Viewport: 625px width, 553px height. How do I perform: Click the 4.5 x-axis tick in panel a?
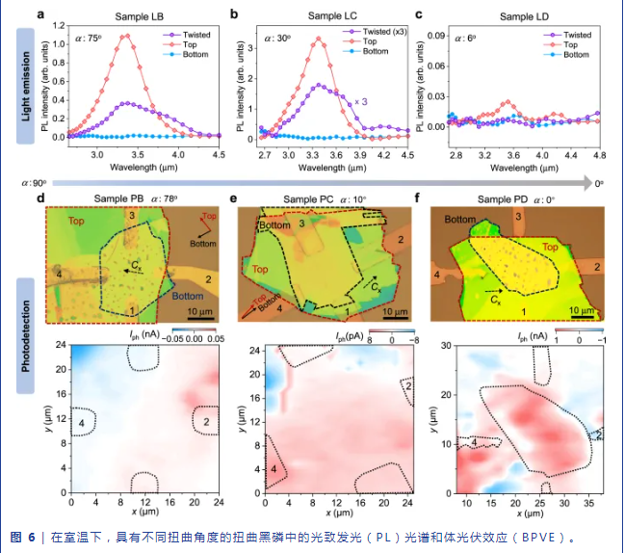(x=220, y=153)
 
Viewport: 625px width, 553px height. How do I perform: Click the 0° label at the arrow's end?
(x=598, y=181)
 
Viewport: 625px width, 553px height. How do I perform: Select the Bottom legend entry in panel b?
(x=382, y=52)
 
